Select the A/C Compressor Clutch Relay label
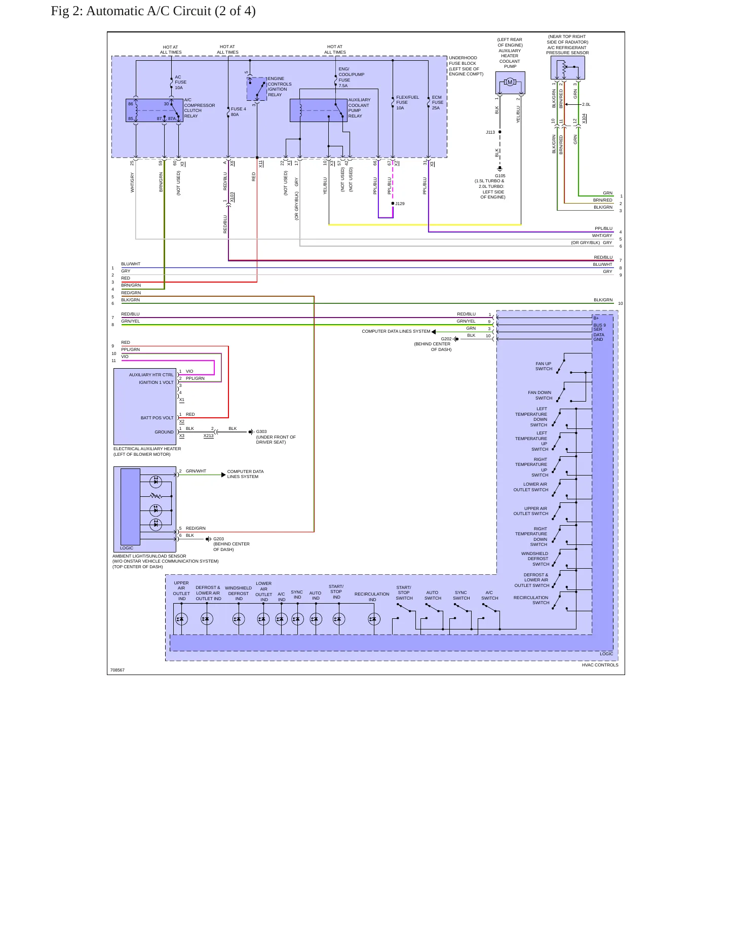[x=199, y=108]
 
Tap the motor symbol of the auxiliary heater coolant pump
[x=510, y=82]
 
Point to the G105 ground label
[x=500, y=176]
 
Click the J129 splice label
[x=400, y=204]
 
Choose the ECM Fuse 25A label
[x=437, y=102]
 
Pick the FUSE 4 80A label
[x=238, y=111]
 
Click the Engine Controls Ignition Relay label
[x=280, y=87]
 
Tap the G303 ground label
[x=261, y=432]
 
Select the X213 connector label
[x=208, y=436]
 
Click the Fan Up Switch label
[x=544, y=366]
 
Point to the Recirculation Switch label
[x=531, y=600]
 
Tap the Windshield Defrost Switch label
[x=535, y=559]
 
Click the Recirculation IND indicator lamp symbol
[x=374, y=619]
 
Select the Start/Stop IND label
[x=336, y=591]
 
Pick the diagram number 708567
[x=118, y=670]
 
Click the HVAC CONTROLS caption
[x=600, y=665]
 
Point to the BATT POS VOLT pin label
[x=157, y=418]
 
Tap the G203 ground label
[x=218, y=539]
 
